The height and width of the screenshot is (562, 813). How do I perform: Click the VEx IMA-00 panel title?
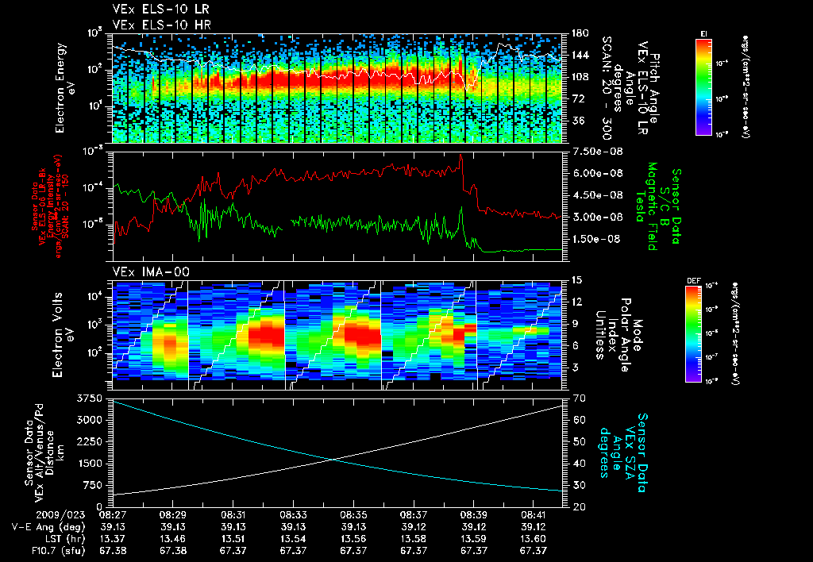click(x=152, y=271)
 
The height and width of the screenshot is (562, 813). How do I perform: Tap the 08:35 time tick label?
click(x=353, y=514)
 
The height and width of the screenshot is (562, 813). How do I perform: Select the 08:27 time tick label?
click(x=112, y=514)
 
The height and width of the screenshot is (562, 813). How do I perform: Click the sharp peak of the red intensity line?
click(x=461, y=156)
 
